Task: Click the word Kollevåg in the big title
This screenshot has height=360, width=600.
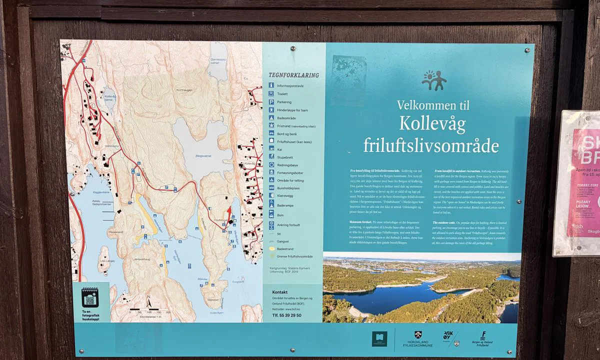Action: pos(433,123)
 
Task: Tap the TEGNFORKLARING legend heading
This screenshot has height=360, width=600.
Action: pos(293,75)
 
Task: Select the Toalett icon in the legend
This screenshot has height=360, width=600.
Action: pos(271,93)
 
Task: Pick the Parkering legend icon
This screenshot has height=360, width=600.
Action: pos(271,101)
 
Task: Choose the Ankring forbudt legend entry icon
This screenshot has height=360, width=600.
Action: pos(271,224)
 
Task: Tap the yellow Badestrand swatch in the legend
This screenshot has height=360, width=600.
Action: pos(271,248)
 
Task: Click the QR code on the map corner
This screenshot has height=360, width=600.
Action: pos(89,299)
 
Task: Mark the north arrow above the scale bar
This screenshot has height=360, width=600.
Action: pos(149,301)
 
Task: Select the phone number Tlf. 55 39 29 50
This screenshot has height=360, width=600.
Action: pos(286,315)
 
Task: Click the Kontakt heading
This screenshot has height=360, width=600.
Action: pos(280,292)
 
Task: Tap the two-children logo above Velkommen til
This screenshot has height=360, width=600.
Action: pos(433,80)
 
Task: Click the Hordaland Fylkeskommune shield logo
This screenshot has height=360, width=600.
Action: pos(418,336)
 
